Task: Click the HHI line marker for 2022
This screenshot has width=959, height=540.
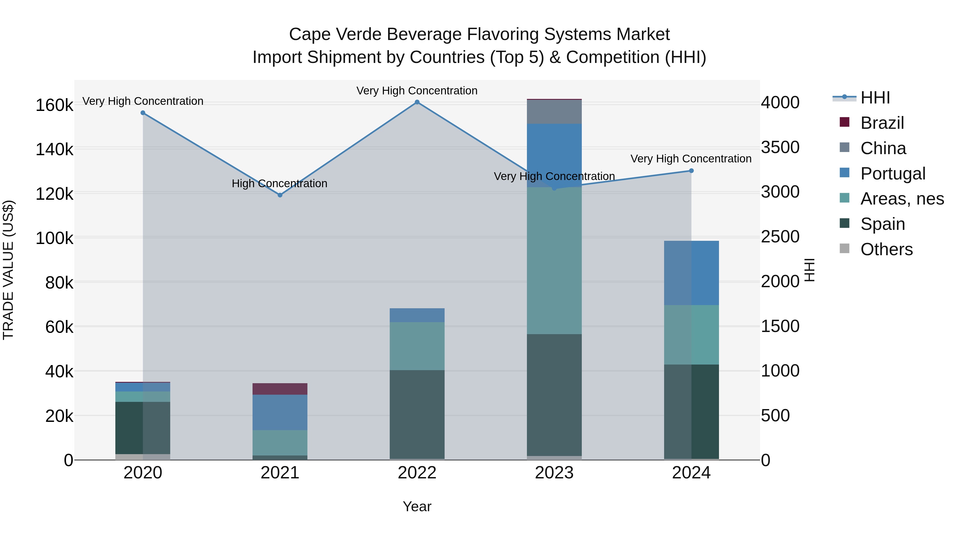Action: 417,102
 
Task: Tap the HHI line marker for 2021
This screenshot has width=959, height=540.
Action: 280,195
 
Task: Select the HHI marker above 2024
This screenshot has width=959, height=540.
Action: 691,171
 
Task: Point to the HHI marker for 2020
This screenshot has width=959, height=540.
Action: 143,113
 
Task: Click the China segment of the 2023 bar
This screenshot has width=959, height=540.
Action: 554,112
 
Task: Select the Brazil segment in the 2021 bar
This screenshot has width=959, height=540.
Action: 280,389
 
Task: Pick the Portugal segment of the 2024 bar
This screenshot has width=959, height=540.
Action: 691,273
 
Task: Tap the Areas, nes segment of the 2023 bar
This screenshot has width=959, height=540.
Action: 554,261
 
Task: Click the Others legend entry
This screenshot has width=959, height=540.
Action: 886,249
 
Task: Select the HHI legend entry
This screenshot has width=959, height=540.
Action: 875,98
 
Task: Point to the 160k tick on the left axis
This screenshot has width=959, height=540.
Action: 54,105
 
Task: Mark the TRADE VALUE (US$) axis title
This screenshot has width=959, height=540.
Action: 9,270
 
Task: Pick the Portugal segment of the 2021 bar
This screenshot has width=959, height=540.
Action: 280,412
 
